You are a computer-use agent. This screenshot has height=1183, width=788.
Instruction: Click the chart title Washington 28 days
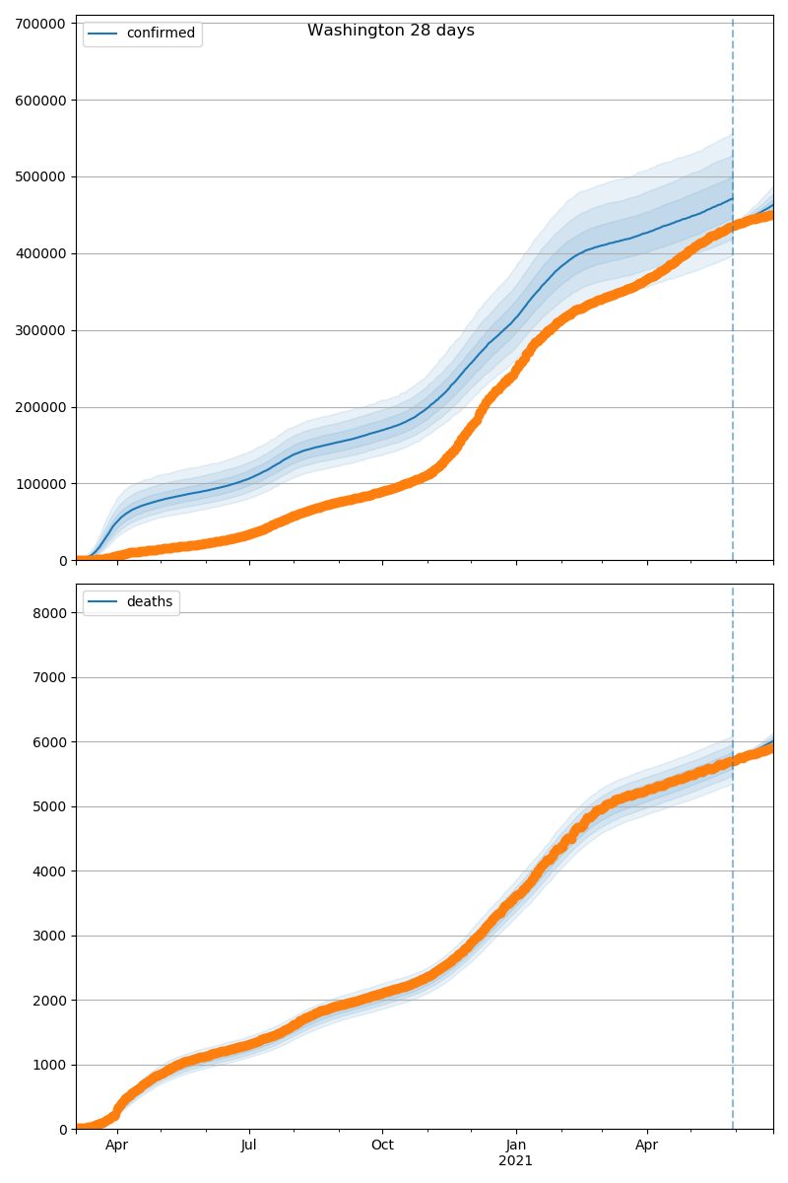(390, 31)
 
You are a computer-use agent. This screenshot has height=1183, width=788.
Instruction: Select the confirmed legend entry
(161, 34)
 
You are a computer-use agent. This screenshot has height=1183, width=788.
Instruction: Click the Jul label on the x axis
(249, 1146)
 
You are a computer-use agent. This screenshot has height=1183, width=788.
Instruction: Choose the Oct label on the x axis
(382, 1146)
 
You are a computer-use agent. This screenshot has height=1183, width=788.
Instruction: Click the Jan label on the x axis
(515, 1146)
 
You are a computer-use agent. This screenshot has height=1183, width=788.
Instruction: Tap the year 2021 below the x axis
(515, 1161)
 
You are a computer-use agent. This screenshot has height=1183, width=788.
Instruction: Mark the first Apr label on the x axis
(117, 1146)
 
